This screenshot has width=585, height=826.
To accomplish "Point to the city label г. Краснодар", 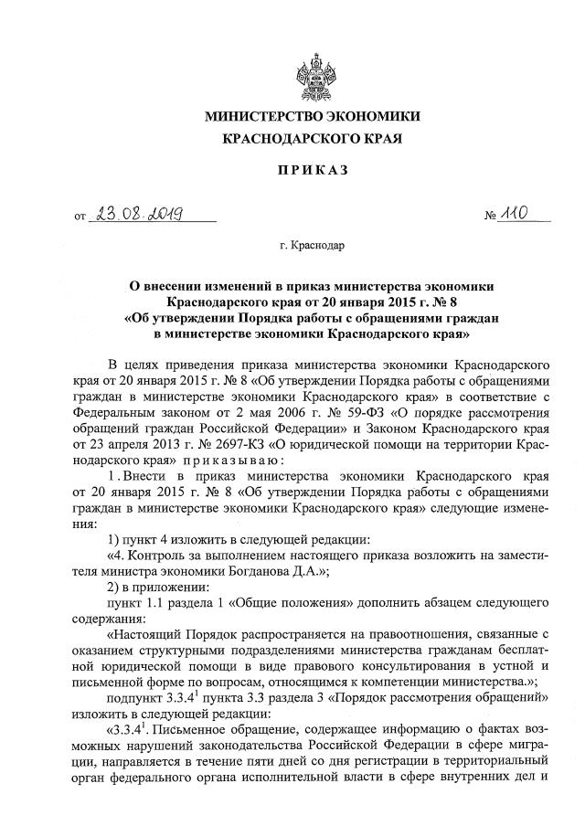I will (x=313, y=245).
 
